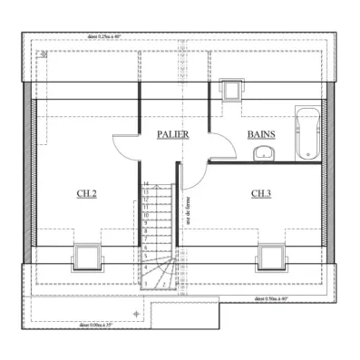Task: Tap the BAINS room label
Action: pos(261,133)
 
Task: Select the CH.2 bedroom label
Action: pos(86,193)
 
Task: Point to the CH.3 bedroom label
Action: pos(261,193)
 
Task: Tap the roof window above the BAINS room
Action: pos(231,89)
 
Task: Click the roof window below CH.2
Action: pos(87,256)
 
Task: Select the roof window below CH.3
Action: pos(270,256)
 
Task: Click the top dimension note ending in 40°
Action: pos(105,37)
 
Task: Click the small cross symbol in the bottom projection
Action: pos(136,313)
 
